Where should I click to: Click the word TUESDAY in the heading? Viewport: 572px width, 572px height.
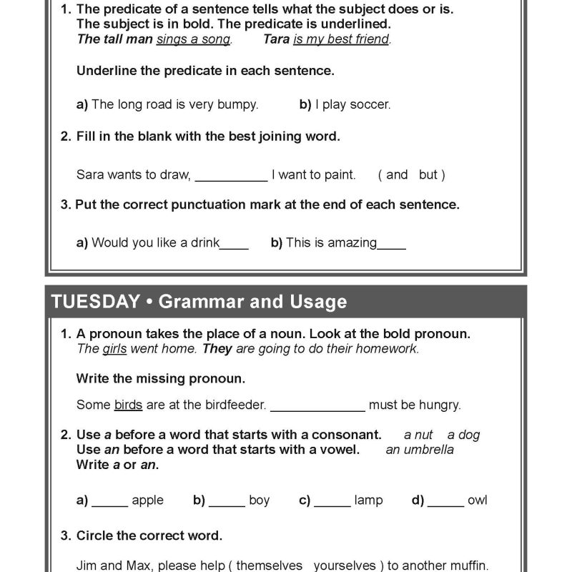point(94,302)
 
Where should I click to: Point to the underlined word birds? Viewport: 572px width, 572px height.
point(128,405)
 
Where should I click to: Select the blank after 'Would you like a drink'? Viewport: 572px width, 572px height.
point(234,246)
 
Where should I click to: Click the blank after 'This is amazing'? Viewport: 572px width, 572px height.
point(391,246)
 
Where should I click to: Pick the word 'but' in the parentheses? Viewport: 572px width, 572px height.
point(428,174)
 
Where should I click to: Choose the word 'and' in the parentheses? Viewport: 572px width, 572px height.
point(397,174)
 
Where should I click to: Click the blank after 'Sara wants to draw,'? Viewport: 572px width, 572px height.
point(231,177)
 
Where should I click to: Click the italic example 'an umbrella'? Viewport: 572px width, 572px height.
point(420,449)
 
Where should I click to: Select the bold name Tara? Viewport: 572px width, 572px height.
point(276,39)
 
